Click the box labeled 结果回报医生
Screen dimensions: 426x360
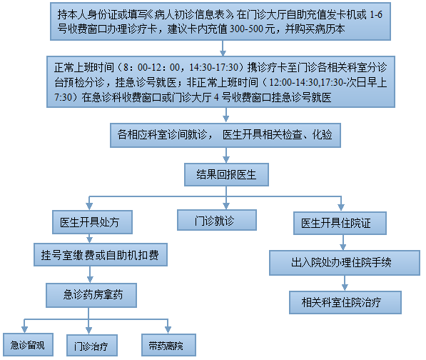(226, 174)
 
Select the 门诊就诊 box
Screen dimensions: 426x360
(217, 220)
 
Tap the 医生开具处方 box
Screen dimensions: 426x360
(92, 222)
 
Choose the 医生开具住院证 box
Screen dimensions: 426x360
(340, 224)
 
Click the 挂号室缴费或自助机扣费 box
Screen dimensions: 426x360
(101, 255)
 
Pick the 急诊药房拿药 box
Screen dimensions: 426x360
(91, 295)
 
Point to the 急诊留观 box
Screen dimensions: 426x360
(28, 344)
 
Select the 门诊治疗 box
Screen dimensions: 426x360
(92, 345)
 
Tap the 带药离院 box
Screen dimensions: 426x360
(168, 345)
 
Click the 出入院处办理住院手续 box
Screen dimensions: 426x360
(345, 263)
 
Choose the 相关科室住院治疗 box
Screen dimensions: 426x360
(345, 302)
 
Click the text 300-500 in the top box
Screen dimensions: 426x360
(247, 29)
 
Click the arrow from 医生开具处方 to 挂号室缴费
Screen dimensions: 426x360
(90, 239)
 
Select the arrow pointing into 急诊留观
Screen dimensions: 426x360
(24, 326)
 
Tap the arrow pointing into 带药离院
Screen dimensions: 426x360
(168, 326)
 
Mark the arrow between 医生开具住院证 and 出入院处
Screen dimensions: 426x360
(343, 243)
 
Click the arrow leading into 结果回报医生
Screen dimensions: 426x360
(226, 155)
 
